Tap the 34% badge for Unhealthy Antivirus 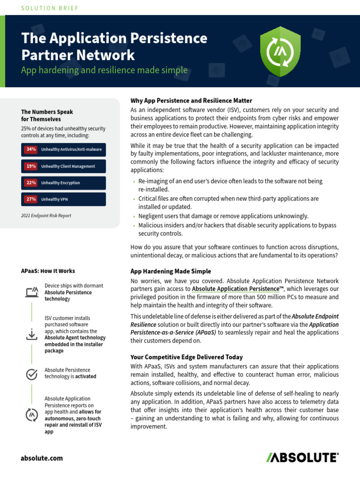[x=31, y=150]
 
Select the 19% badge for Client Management [x=31, y=166]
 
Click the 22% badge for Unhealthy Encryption [x=31, y=183]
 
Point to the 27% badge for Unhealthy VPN [x=31, y=199]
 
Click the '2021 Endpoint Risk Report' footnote [x=46, y=216]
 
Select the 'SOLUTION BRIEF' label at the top [x=50, y=8]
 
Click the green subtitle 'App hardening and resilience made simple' [x=105, y=70]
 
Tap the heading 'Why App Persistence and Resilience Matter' [x=191, y=101]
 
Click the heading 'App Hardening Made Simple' [x=171, y=271]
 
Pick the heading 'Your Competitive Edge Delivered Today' [x=187, y=357]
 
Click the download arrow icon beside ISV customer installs [x=31, y=334]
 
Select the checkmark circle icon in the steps [x=31, y=374]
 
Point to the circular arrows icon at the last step [x=31, y=415]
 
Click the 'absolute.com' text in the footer [x=42, y=458]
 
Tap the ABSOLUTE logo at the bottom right [x=302, y=457]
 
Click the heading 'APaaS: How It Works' [x=48, y=271]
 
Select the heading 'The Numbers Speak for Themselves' [x=47, y=115]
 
